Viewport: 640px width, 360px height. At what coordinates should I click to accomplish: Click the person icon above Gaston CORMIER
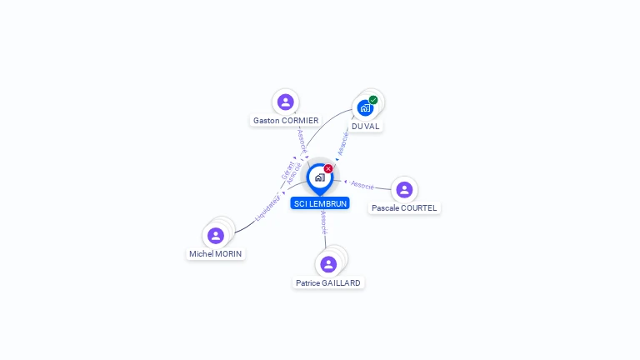[x=286, y=102]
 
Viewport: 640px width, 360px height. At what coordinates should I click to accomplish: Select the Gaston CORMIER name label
[x=286, y=120]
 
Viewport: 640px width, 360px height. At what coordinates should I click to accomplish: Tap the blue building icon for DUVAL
[x=365, y=107]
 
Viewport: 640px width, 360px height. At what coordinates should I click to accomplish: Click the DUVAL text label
[x=365, y=126]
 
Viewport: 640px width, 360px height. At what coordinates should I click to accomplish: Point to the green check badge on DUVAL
[x=373, y=100]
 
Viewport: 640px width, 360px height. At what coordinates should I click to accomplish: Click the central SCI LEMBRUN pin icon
[x=319, y=177]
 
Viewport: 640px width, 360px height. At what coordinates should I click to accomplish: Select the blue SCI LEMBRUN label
[x=320, y=203]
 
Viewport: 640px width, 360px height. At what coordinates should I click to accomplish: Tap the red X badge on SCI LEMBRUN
[x=328, y=168]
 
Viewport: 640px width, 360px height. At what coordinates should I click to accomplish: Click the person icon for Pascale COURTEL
[x=404, y=189]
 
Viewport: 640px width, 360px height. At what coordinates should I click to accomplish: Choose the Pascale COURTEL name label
[x=404, y=207]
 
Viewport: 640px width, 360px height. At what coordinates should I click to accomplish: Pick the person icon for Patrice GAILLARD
[x=328, y=264]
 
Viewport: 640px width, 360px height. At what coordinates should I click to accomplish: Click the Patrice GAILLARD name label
[x=328, y=282]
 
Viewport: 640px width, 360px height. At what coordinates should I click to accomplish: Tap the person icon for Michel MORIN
[x=216, y=236]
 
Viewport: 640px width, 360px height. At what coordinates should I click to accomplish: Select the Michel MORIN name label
[x=217, y=253]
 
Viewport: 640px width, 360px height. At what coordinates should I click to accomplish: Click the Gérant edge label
[x=287, y=169]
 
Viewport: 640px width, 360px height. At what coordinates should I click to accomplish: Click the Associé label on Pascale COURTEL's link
[x=362, y=184]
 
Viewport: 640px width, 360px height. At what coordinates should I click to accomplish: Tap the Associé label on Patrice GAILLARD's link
[x=323, y=222]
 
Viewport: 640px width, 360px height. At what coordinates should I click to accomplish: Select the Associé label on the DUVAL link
[x=342, y=143]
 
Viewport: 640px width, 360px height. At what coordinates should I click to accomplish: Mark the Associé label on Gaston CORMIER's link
[x=302, y=140]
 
